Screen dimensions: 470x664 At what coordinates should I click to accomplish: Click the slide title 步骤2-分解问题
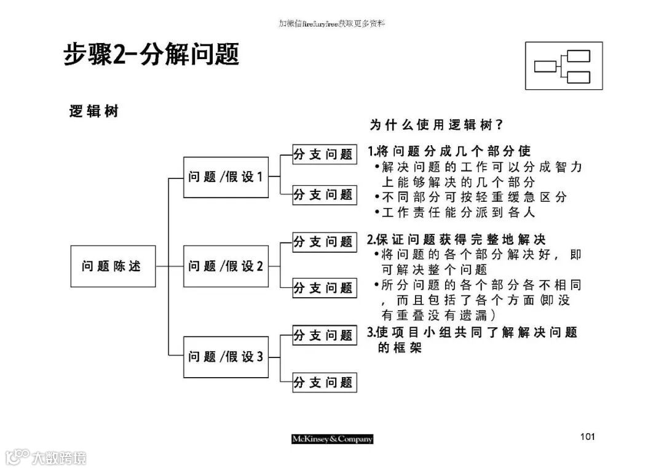tap(151, 55)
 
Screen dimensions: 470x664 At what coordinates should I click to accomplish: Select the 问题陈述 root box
tap(113, 266)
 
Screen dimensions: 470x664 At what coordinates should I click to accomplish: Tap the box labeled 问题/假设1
tap(226, 177)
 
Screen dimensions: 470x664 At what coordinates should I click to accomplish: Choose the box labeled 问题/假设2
tap(226, 266)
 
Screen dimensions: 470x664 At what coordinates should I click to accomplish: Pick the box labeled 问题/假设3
tap(226, 356)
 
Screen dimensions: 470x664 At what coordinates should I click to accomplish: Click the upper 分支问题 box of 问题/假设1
tap(324, 154)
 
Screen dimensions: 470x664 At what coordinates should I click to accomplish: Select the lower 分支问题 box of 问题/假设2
tap(324, 287)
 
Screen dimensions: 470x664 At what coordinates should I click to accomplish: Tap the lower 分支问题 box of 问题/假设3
tap(324, 382)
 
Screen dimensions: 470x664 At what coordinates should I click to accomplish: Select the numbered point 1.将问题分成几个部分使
tap(449, 151)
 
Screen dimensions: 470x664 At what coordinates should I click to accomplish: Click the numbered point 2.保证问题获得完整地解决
tap(456, 239)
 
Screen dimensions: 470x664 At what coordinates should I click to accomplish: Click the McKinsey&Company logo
tap(332, 439)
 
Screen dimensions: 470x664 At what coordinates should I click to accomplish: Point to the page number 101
tap(587, 437)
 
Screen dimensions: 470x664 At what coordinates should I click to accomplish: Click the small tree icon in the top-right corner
tap(563, 66)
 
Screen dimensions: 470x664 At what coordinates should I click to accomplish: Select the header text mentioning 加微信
tap(332, 23)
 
